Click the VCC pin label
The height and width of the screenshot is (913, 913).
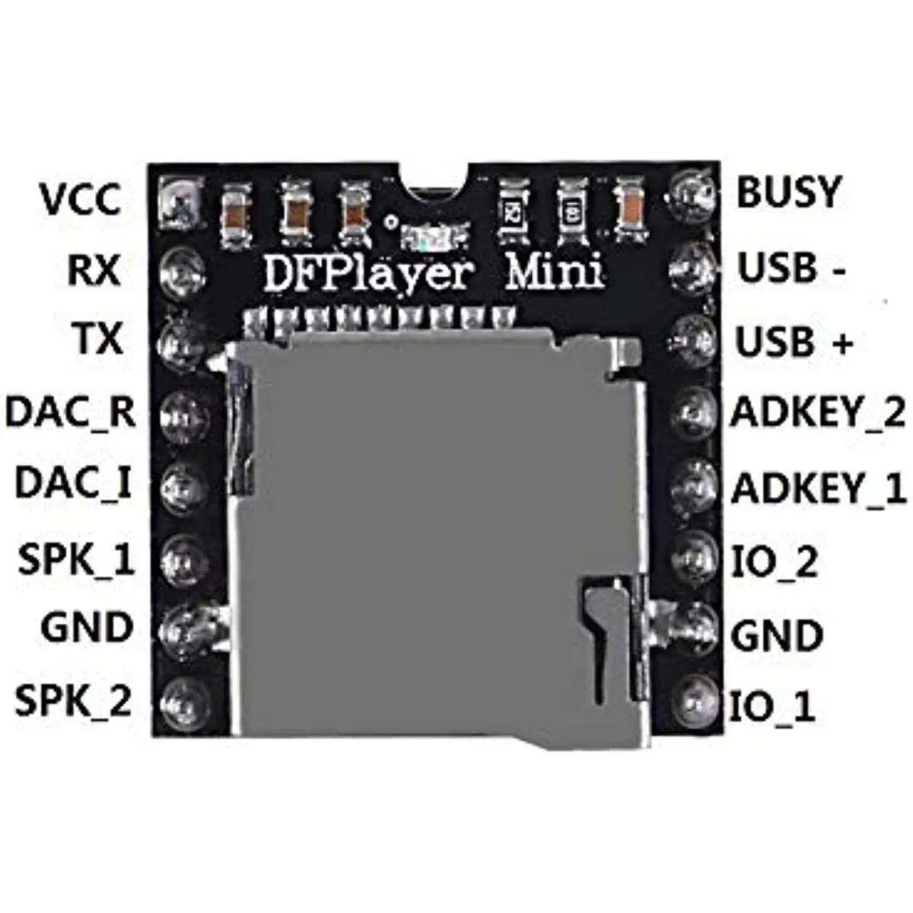(x=80, y=199)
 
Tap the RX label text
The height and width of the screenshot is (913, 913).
(x=94, y=270)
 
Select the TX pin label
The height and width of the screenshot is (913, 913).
(x=98, y=339)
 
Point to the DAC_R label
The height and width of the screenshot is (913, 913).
(x=71, y=412)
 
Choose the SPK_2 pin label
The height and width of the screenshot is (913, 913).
(x=74, y=701)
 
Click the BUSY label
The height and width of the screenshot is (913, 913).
(x=789, y=192)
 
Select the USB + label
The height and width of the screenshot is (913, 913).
(x=794, y=343)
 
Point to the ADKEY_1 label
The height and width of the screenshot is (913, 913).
(x=819, y=488)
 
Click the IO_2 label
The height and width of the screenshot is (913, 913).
(x=775, y=563)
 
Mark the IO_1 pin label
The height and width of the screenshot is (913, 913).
(x=773, y=707)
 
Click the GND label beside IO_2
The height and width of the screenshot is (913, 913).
(x=777, y=636)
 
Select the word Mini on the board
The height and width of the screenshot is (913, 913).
(x=555, y=272)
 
